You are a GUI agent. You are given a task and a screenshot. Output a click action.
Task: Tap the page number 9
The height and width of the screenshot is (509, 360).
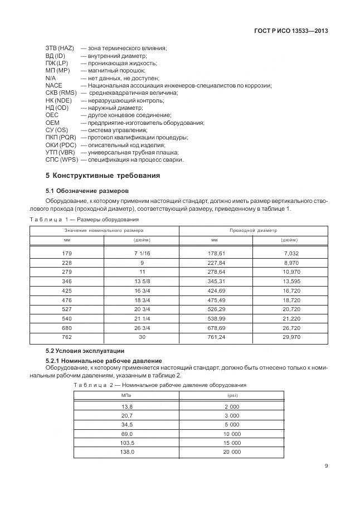click(325, 467)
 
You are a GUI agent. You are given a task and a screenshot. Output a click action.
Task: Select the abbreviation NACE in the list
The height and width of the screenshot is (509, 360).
click(54, 85)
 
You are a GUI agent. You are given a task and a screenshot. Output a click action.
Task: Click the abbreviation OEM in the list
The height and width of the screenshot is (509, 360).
click(52, 123)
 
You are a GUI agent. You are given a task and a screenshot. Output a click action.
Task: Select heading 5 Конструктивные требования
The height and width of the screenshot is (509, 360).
click(103, 176)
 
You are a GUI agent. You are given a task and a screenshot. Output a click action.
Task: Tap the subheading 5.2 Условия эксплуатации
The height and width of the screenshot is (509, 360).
click(85, 351)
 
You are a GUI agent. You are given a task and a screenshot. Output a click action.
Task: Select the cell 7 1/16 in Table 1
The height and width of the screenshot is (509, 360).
click(141, 253)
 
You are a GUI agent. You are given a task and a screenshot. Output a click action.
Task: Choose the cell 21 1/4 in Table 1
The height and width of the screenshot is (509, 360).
click(141, 319)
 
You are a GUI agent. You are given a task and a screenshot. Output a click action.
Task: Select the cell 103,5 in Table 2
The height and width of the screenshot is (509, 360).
click(127, 443)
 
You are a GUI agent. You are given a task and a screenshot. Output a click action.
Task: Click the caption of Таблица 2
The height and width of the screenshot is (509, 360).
click(160, 385)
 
